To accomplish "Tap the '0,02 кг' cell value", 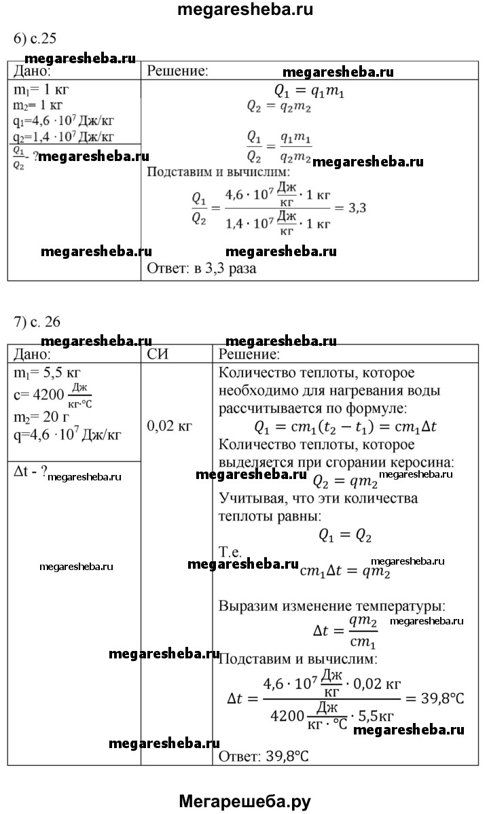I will [170, 426].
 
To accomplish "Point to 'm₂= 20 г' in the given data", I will [43, 416].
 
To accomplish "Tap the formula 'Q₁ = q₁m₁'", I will [309, 91].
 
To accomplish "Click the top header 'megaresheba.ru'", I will [244, 10].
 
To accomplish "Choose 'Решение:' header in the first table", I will [178, 71].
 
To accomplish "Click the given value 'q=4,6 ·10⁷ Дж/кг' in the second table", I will [67, 435].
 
